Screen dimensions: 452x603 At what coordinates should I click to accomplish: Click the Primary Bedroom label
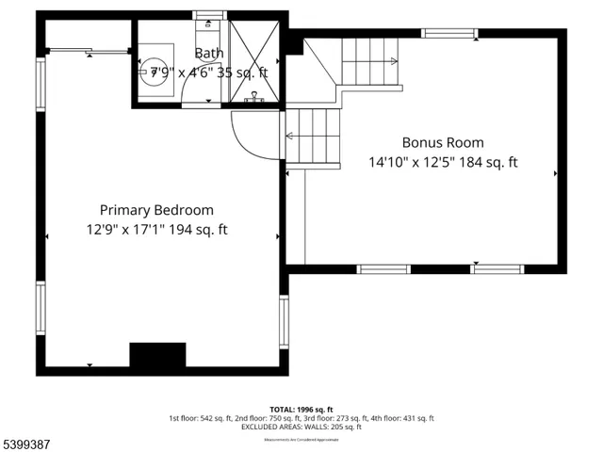coord(156,210)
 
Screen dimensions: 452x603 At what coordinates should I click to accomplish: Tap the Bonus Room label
coord(443,143)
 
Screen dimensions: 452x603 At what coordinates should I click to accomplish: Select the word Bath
coord(209,54)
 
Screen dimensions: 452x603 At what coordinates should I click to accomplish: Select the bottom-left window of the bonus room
coord(384,269)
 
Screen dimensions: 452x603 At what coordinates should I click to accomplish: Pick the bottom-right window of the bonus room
coord(497,269)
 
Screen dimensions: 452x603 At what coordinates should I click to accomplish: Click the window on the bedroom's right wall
coord(284,323)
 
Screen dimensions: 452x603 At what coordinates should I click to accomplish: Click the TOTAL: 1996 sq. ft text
coord(301,409)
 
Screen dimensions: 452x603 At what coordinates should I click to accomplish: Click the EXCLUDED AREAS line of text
coord(301,427)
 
